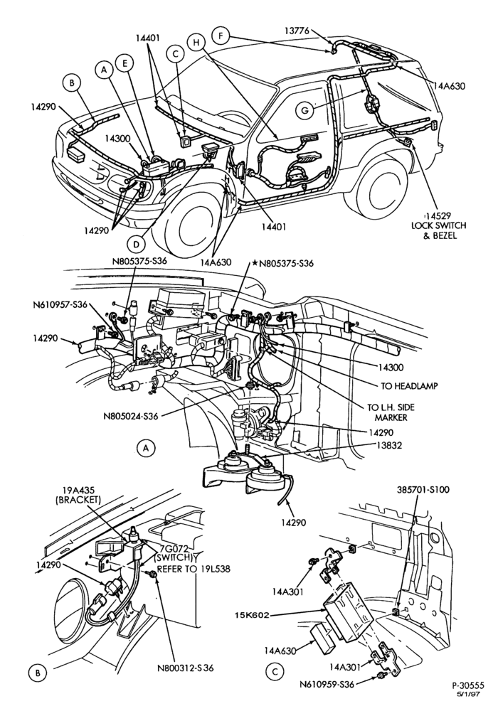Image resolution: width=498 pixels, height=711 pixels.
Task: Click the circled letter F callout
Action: [221, 36]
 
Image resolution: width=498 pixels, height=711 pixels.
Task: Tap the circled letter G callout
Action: [304, 110]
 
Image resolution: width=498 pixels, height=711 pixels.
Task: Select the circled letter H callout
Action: [196, 43]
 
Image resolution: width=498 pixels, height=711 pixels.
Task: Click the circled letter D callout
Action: [136, 245]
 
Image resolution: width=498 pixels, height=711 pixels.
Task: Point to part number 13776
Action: [297, 31]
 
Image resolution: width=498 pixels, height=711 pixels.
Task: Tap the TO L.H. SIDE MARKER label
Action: [391, 412]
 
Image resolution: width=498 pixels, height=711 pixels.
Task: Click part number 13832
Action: [389, 445]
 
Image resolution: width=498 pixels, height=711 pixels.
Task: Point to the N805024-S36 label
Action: [130, 415]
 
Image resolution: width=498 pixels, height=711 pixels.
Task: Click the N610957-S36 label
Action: [60, 305]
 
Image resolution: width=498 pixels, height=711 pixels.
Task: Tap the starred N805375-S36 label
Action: [283, 263]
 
